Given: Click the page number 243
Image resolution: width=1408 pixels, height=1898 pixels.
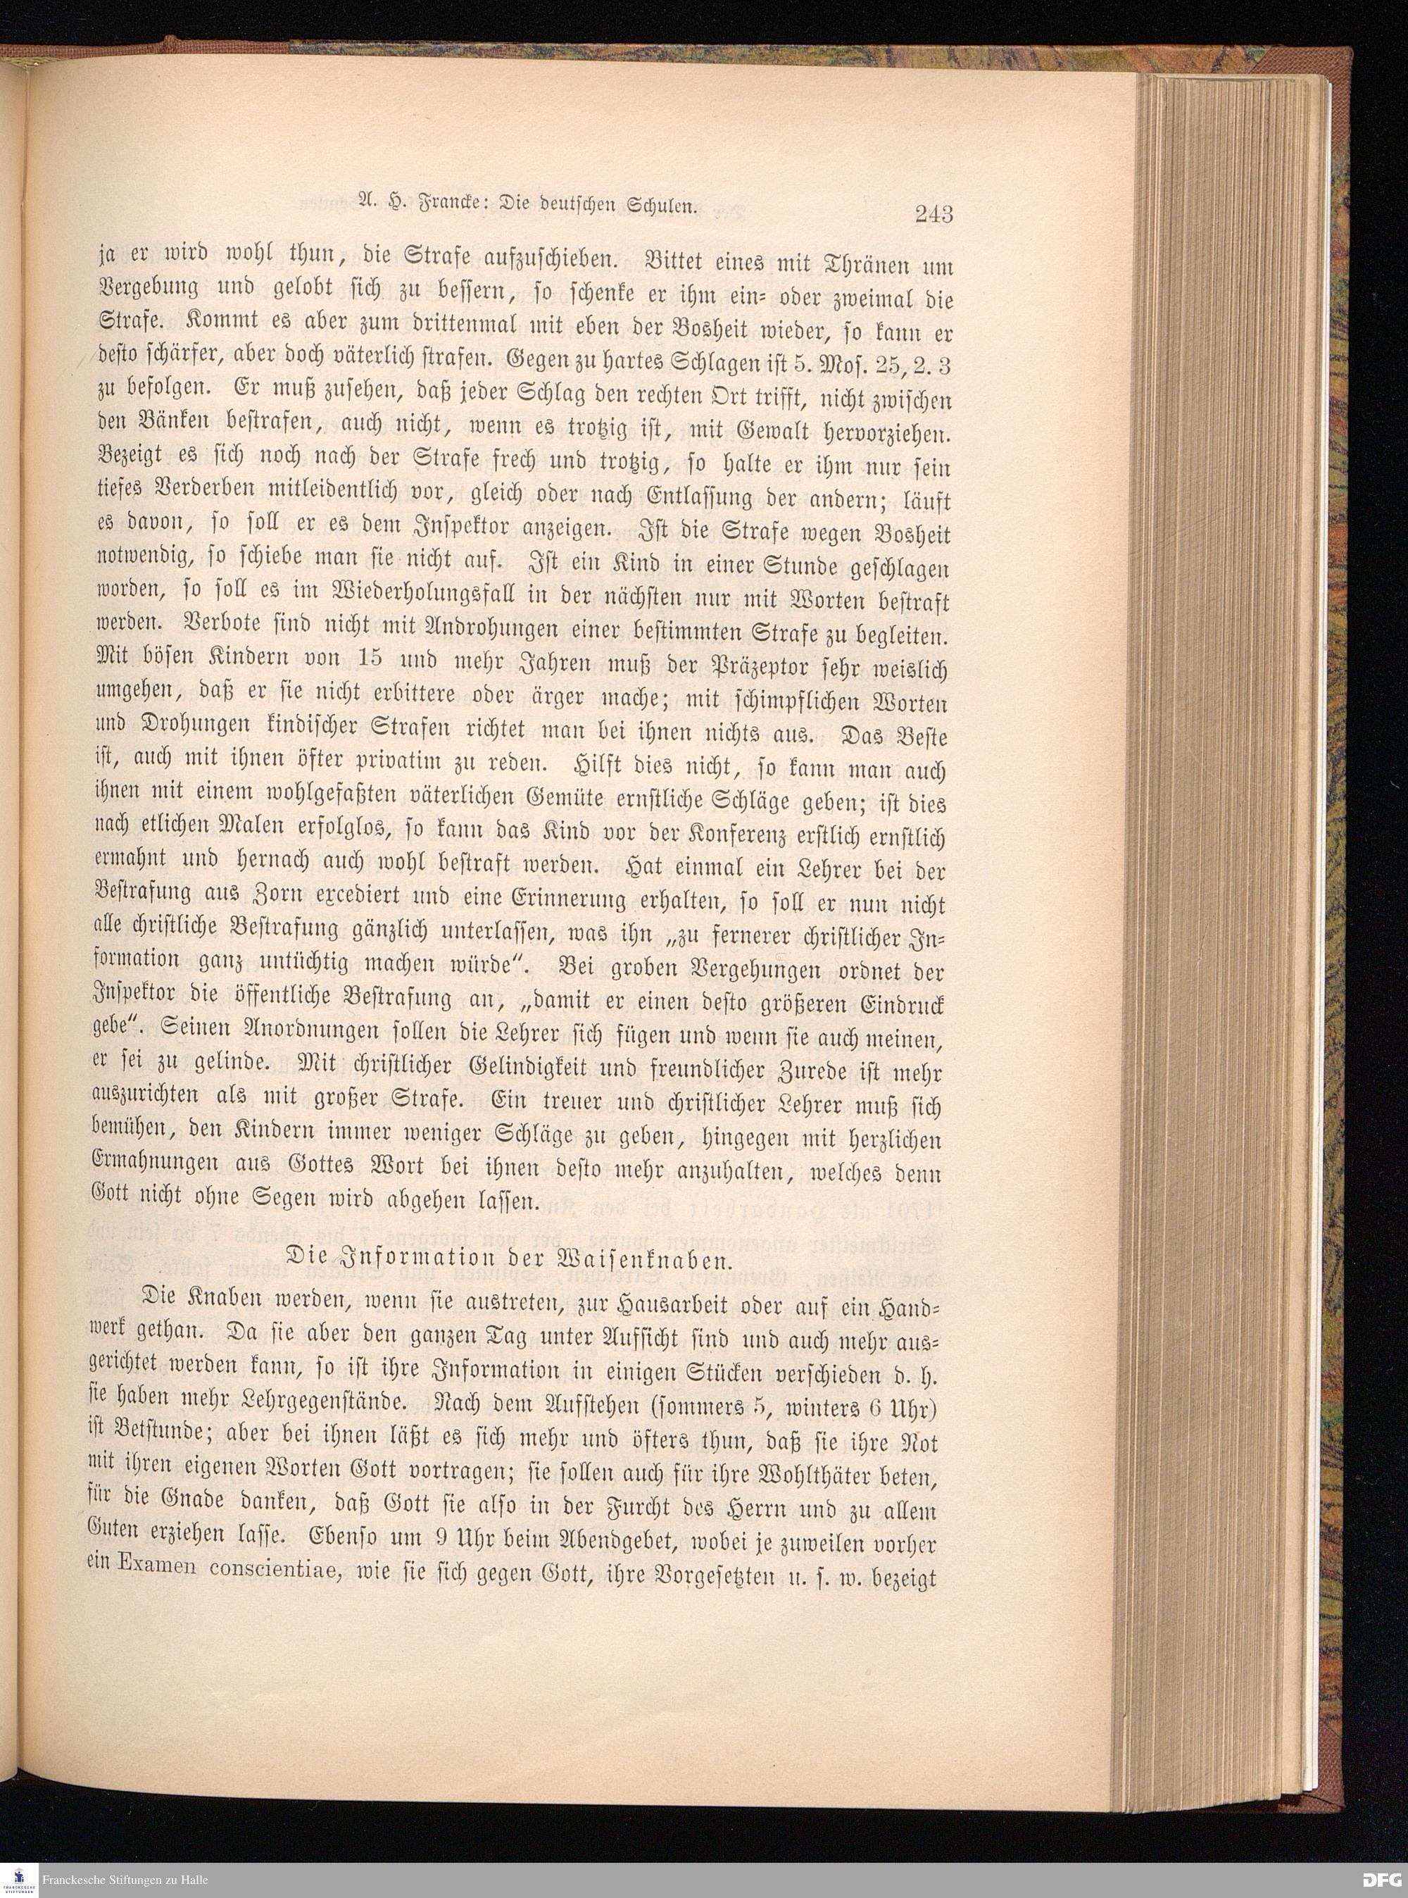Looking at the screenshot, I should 934,213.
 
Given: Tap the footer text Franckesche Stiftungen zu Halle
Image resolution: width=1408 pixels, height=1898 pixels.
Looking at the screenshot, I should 124,1880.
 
